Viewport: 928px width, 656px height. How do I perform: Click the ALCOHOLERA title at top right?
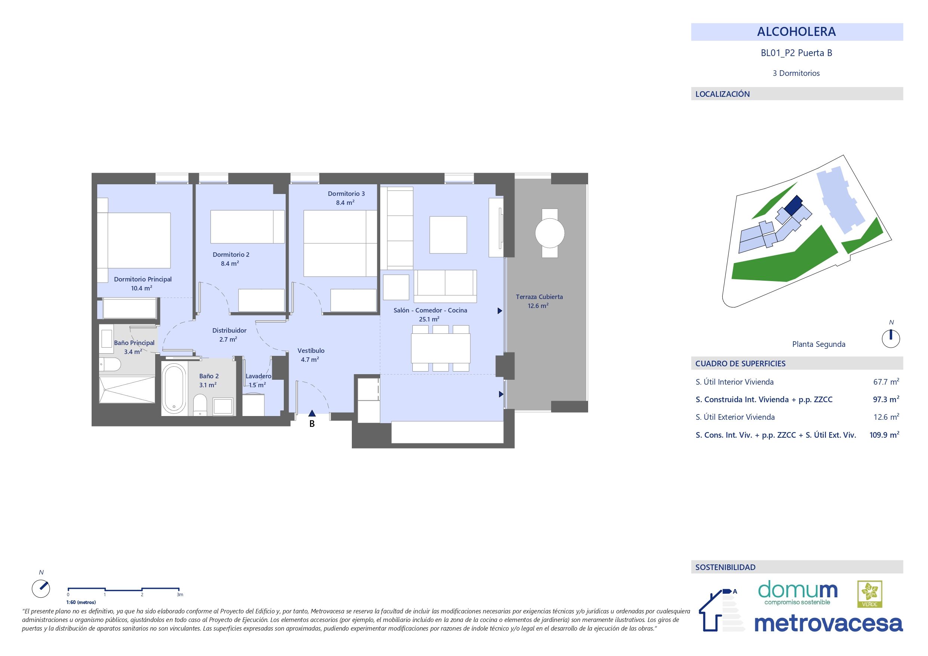796,32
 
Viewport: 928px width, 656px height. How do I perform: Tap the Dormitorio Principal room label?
143,279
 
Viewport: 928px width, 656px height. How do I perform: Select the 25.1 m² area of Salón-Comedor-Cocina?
429,319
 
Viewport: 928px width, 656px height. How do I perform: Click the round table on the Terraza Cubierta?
550,233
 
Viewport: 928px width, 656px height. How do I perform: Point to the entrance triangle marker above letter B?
311,413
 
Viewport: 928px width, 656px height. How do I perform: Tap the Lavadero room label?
258,376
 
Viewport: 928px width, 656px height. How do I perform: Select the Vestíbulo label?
311,351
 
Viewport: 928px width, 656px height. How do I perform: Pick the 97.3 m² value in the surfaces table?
886,399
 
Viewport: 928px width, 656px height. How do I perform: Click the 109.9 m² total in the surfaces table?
884,435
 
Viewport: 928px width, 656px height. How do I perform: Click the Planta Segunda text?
818,344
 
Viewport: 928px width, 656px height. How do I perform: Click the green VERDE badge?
869,594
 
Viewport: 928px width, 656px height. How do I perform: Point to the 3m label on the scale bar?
180,595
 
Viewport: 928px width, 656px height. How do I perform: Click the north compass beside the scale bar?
41,589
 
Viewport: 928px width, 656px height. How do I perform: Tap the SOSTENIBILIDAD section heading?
725,567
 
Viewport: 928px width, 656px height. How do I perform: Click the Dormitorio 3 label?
346,194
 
